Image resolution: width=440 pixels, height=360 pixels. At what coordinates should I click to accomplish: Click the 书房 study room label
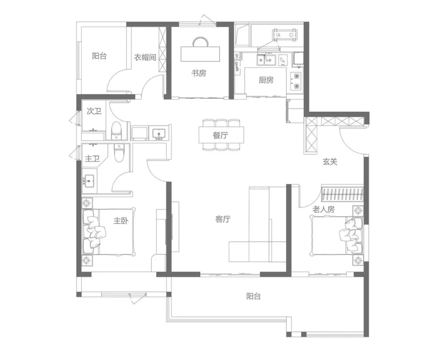[199, 73]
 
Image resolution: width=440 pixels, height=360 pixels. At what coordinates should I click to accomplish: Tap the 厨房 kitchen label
[266, 80]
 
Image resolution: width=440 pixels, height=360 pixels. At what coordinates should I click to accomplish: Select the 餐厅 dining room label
[220, 135]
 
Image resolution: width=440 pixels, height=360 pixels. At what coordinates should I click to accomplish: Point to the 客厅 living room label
[223, 219]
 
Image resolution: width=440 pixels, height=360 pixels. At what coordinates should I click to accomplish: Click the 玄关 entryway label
[330, 162]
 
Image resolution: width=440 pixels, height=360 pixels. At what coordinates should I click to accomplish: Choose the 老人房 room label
[323, 209]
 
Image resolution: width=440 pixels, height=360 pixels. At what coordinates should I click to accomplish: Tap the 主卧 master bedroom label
[121, 221]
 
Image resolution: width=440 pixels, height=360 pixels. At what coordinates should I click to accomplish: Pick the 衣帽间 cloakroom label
[145, 57]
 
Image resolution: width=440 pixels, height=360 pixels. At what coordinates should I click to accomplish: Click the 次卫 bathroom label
[94, 111]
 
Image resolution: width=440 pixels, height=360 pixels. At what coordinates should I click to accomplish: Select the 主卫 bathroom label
[92, 159]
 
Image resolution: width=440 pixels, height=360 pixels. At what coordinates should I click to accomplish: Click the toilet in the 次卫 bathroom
[116, 130]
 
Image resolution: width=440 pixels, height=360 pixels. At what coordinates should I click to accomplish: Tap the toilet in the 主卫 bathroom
[119, 153]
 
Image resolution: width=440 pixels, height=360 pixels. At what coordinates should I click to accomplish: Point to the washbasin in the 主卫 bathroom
[89, 181]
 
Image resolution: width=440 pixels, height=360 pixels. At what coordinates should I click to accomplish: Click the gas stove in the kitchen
[296, 81]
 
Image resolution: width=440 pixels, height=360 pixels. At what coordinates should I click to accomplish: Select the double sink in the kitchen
[266, 60]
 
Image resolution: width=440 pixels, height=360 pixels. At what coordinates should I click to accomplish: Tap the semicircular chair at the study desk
[201, 42]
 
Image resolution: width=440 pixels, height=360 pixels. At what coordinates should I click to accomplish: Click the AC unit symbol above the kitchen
[285, 35]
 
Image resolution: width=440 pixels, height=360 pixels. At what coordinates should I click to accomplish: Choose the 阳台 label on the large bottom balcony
[254, 296]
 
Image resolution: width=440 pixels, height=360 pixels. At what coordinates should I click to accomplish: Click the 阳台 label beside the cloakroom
[99, 56]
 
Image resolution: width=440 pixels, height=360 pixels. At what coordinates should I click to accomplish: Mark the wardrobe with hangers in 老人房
[342, 194]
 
